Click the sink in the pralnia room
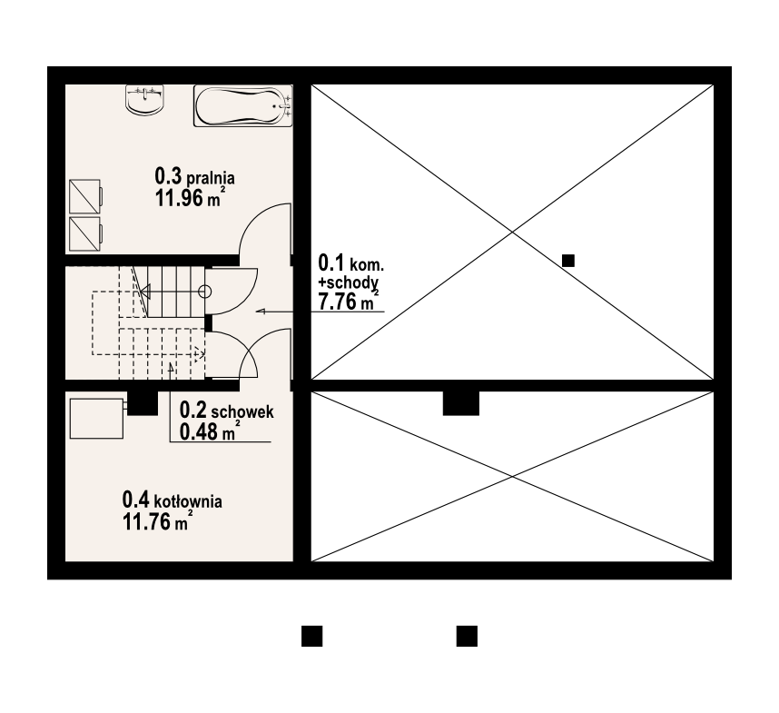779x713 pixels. (145, 100)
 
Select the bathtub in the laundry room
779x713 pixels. (243, 106)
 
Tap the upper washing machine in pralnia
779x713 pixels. (85, 197)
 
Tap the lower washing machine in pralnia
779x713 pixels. (85, 234)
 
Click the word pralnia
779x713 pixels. (211, 178)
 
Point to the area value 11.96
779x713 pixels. (180, 198)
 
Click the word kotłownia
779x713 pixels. (188, 500)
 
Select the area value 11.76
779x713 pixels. (146, 522)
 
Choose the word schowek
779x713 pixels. (242, 411)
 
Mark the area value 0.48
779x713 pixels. (199, 431)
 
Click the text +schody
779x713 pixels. (349, 282)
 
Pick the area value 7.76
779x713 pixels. (338, 302)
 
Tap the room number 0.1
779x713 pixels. (330, 262)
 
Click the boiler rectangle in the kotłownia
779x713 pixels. (96, 419)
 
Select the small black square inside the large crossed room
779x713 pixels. (568, 261)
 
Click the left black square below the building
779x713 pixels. (312, 636)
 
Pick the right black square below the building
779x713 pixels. (467, 636)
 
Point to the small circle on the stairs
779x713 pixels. (204, 292)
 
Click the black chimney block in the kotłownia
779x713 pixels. (143, 403)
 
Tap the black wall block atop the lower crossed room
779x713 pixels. (461, 403)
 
